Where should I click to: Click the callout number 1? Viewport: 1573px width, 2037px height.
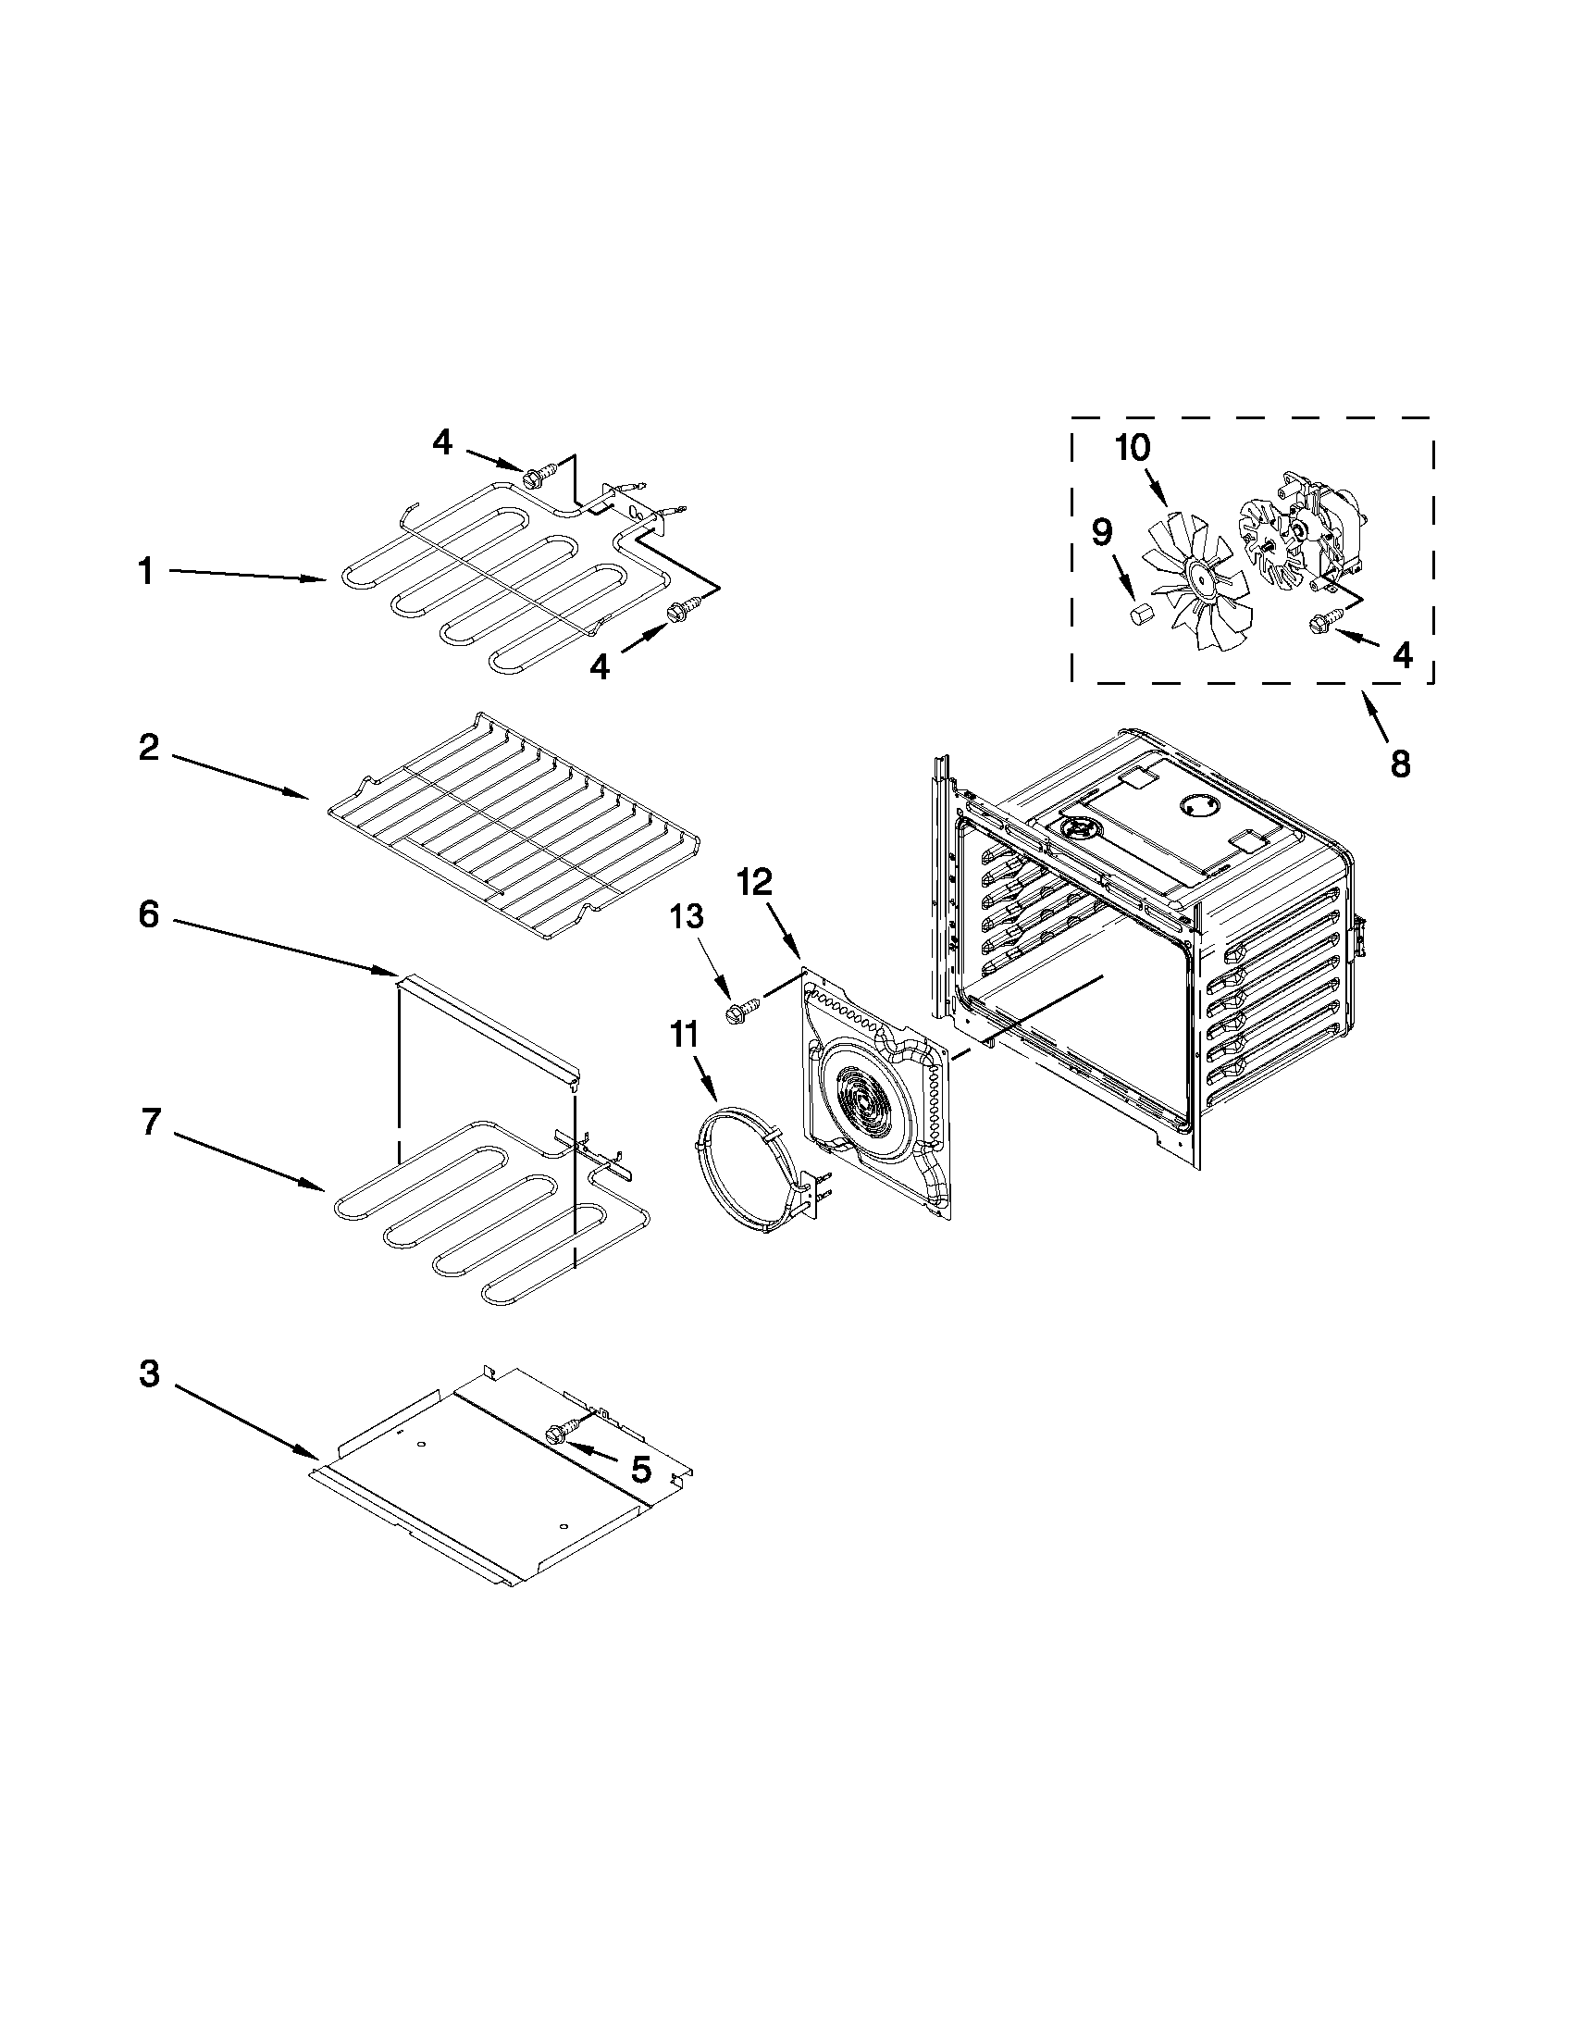[145, 571]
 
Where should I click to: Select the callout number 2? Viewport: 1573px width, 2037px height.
[149, 747]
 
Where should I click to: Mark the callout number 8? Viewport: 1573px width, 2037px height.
[1400, 764]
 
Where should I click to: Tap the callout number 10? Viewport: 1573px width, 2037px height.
[1133, 448]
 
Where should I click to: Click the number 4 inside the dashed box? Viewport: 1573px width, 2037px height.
[1402, 654]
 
